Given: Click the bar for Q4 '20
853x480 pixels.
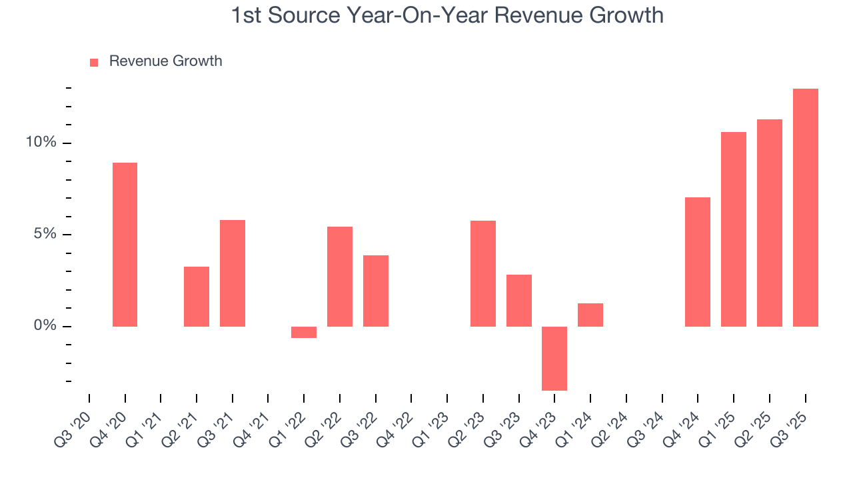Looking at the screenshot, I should click(x=125, y=245).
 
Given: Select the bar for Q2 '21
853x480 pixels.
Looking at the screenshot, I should click(x=197, y=297).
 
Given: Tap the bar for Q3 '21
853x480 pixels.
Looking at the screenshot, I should click(x=233, y=273).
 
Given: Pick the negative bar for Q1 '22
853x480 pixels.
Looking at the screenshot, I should click(x=304, y=332).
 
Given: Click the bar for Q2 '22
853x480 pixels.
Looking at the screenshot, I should click(x=340, y=277).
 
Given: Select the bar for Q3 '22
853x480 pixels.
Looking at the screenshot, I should click(x=376, y=291).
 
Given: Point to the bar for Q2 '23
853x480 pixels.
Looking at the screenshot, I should click(x=483, y=273).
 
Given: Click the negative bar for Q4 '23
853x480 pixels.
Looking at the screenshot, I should click(x=554, y=358).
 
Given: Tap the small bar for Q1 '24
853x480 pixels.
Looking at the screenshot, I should click(x=590, y=315).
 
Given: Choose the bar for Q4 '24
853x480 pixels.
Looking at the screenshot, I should click(x=698, y=262).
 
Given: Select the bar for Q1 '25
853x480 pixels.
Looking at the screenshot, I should click(x=734, y=229).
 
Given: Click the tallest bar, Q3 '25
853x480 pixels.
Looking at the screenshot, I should click(x=805, y=207).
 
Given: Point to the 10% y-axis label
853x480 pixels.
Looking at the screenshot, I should click(x=41, y=143).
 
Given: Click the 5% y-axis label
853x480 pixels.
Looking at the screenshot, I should click(x=45, y=235).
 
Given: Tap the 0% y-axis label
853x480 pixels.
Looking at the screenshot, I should click(x=45, y=326).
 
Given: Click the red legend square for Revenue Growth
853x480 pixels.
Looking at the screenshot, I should click(x=94, y=62).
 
